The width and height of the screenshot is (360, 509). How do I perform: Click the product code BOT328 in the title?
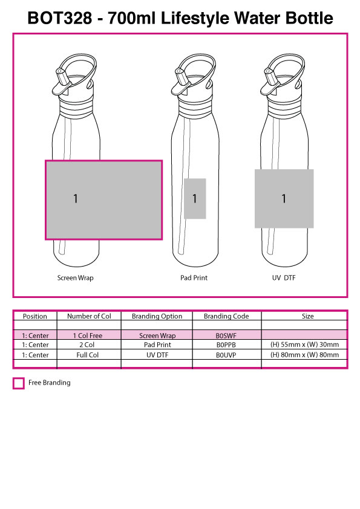60,18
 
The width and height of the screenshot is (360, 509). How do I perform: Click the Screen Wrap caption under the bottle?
76,278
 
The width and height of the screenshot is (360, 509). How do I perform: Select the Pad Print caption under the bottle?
194,277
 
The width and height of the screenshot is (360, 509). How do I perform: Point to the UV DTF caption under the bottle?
284,277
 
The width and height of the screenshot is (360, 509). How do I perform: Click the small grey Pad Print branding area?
195,198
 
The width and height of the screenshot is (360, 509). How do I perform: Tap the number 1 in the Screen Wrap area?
76,198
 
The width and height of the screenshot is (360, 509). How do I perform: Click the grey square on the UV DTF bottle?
284,198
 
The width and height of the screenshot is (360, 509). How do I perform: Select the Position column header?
34,316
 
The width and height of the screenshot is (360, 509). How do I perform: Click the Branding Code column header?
226,316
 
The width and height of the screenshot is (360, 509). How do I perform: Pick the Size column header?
307,316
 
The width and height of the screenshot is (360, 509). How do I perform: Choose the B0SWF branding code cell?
226,336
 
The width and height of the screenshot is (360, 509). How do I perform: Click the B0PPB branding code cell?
226,345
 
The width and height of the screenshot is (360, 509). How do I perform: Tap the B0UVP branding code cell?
226,355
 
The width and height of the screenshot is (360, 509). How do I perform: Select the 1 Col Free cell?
87,336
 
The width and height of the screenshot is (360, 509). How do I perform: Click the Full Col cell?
87,355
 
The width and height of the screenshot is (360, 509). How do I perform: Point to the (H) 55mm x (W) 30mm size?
304,345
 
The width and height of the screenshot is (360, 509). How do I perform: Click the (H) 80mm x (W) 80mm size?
304,355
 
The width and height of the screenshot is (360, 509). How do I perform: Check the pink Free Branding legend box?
19,383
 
